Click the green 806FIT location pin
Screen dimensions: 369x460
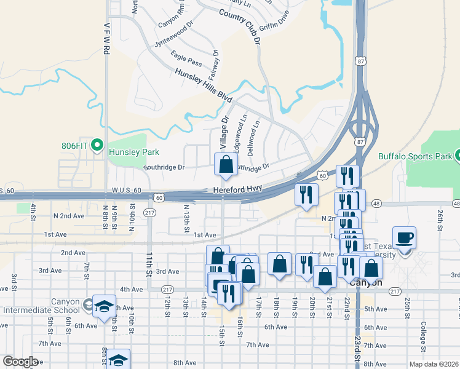(x=97, y=146)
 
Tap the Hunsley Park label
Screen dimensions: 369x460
(x=133, y=152)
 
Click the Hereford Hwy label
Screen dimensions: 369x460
(x=238, y=191)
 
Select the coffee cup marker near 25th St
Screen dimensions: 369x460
(x=405, y=238)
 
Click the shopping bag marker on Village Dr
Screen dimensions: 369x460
(x=226, y=165)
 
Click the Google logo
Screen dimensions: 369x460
(x=20, y=362)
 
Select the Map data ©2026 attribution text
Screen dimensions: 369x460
(x=434, y=364)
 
